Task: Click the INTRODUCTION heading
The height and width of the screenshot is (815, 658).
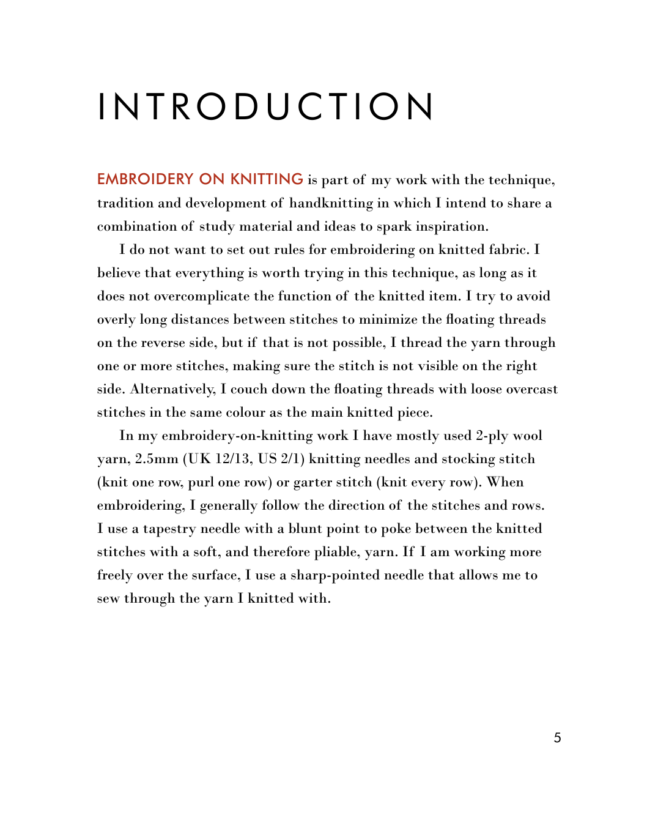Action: (x=266, y=107)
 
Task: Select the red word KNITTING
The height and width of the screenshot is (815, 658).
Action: (x=267, y=179)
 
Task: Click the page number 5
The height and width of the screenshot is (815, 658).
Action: (x=557, y=738)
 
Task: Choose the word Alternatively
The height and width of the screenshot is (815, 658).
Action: (x=172, y=389)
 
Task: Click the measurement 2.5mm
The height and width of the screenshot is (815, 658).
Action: (x=157, y=459)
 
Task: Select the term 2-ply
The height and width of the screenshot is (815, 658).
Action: (x=492, y=436)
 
